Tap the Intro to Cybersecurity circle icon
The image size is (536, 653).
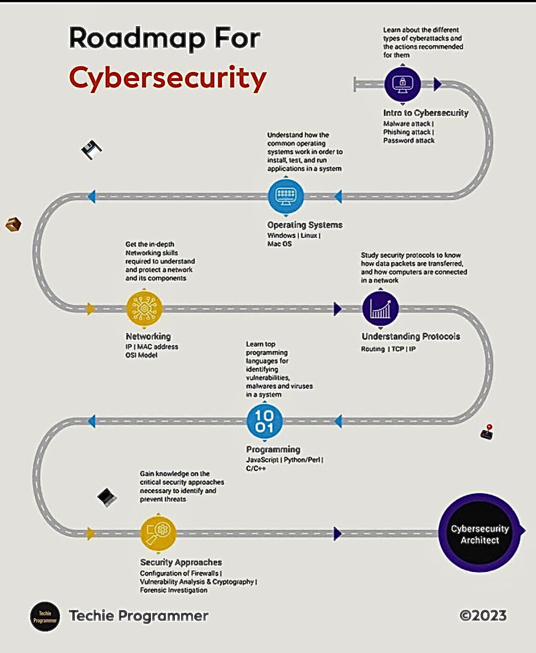pos(403,84)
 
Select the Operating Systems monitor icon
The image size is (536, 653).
pos(286,196)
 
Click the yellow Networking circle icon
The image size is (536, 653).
pos(144,309)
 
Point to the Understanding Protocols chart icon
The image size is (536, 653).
pos(380,309)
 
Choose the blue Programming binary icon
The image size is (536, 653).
pos(264,421)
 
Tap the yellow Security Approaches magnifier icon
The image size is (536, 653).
pos(158,533)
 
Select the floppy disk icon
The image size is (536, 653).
pos(91,150)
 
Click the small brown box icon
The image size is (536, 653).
pos(13,224)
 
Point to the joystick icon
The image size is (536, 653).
pos(487,432)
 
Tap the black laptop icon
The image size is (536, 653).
pos(107,497)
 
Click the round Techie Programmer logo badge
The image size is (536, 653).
pos(45,617)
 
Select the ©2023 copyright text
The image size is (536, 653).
pos(483,615)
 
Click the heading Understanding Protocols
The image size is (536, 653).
pos(411,337)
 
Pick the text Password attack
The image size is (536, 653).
pos(409,141)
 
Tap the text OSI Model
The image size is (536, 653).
pos(141,355)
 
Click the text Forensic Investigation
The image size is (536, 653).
pos(173,590)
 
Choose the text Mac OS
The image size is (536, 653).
pos(279,244)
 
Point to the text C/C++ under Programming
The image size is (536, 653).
pos(256,469)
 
